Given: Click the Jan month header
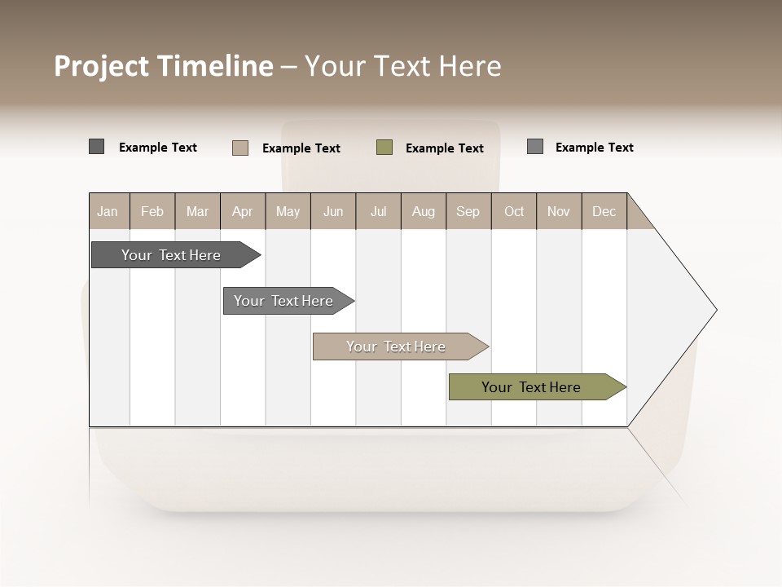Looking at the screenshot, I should pyautogui.click(x=108, y=211).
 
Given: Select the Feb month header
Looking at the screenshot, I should pyautogui.click(x=152, y=211).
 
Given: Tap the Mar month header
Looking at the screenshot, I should pyautogui.click(x=197, y=211).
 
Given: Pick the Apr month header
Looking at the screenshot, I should pyautogui.click(x=243, y=211).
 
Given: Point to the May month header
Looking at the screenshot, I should pyautogui.click(x=288, y=211).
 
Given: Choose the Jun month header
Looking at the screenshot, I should pyautogui.click(x=333, y=211).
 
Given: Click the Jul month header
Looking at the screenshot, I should pyautogui.click(x=378, y=211).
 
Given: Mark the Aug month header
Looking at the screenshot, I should pyautogui.click(x=424, y=211).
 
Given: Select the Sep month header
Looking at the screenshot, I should pyautogui.click(x=468, y=211).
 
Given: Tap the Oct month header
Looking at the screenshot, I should pyautogui.click(x=514, y=211).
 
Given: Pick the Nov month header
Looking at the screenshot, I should pyautogui.click(x=559, y=211).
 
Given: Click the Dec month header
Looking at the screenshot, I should pyautogui.click(x=604, y=211).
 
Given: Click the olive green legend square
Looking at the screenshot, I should pyautogui.click(x=384, y=148).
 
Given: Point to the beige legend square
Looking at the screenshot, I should pyautogui.click(x=240, y=148).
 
